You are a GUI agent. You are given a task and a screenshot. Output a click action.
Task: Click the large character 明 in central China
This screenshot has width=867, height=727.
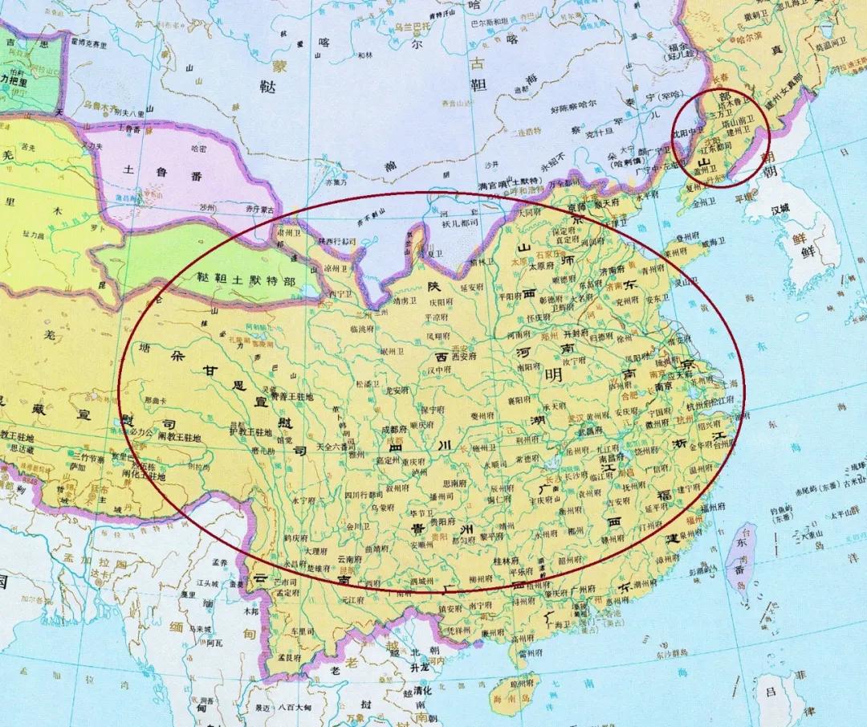pyautogui.click(x=553, y=375)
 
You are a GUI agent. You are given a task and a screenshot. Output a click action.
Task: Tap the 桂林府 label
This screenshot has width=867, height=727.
pyautogui.click(x=506, y=561)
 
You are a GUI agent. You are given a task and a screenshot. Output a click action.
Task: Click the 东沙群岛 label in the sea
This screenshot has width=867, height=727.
pyautogui.click(x=660, y=654)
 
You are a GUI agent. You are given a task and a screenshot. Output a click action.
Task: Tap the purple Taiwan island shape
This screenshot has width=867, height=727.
pyautogui.click(x=739, y=554)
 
